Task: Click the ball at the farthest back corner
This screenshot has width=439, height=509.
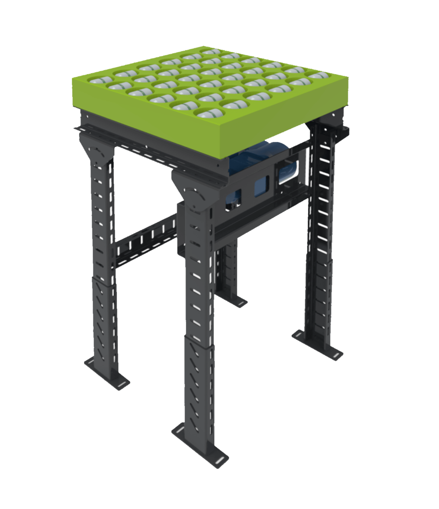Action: pos(211,52)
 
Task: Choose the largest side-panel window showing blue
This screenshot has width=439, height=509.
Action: pos(288,171)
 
